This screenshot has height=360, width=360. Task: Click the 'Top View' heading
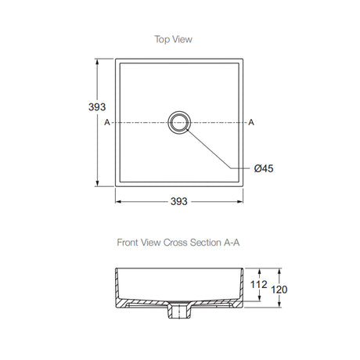tap(174, 39)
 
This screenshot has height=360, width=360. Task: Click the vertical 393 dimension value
tap(97, 107)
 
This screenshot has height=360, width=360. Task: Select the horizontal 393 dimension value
tap(179, 201)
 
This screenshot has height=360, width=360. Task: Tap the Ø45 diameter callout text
tap(264, 168)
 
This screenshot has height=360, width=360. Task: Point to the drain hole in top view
tap(179, 122)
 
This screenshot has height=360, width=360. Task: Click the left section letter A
tap(107, 122)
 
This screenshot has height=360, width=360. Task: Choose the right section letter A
tap(251, 122)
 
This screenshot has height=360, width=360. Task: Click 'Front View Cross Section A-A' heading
tap(178, 243)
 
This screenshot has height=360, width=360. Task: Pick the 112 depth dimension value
tap(258, 284)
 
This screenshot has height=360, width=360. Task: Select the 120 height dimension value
tap(279, 290)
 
